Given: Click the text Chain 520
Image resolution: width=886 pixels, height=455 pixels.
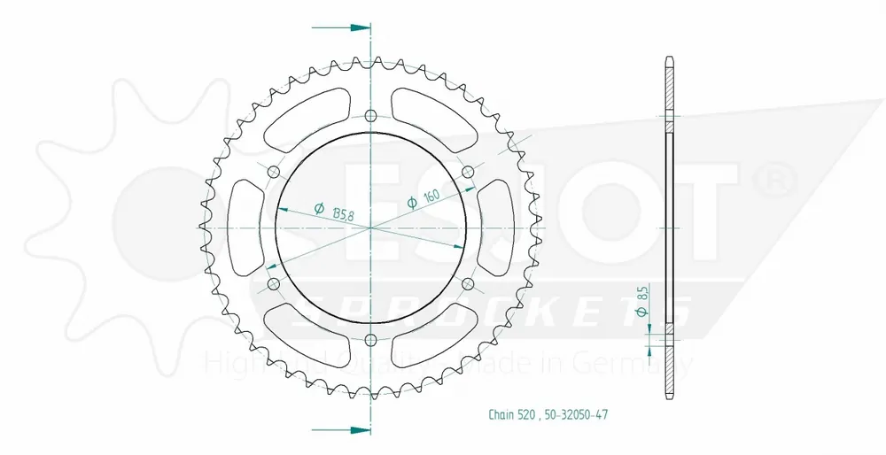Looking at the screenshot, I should click(x=512, y=414).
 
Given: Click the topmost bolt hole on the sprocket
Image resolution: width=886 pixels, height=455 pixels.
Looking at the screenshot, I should click(x=370, y=115).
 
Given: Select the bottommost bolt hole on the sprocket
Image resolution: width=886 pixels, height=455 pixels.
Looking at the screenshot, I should click(x=370, y=341).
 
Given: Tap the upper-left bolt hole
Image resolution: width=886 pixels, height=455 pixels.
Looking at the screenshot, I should click(x=273, y=172).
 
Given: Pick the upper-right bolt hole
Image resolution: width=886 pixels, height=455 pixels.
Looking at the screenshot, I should click(x=469, y=172).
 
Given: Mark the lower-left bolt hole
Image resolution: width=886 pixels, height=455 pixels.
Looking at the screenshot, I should click(x=273, y=284).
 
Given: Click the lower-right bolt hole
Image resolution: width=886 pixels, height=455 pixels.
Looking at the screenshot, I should click(x=469, y=284).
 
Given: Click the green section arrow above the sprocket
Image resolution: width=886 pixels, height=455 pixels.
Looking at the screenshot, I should click(x=354, y=27).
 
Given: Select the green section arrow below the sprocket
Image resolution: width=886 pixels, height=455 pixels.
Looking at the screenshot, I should click(x=354, y=430).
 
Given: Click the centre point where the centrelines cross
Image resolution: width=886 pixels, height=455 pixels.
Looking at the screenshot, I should click(x=370, y=227).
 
